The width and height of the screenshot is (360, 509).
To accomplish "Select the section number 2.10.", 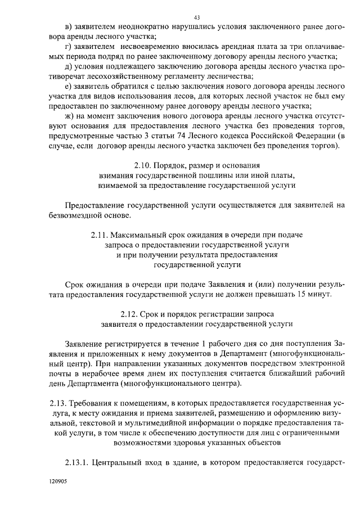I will [144, 165].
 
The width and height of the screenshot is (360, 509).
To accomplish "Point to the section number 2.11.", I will [100, 234].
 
